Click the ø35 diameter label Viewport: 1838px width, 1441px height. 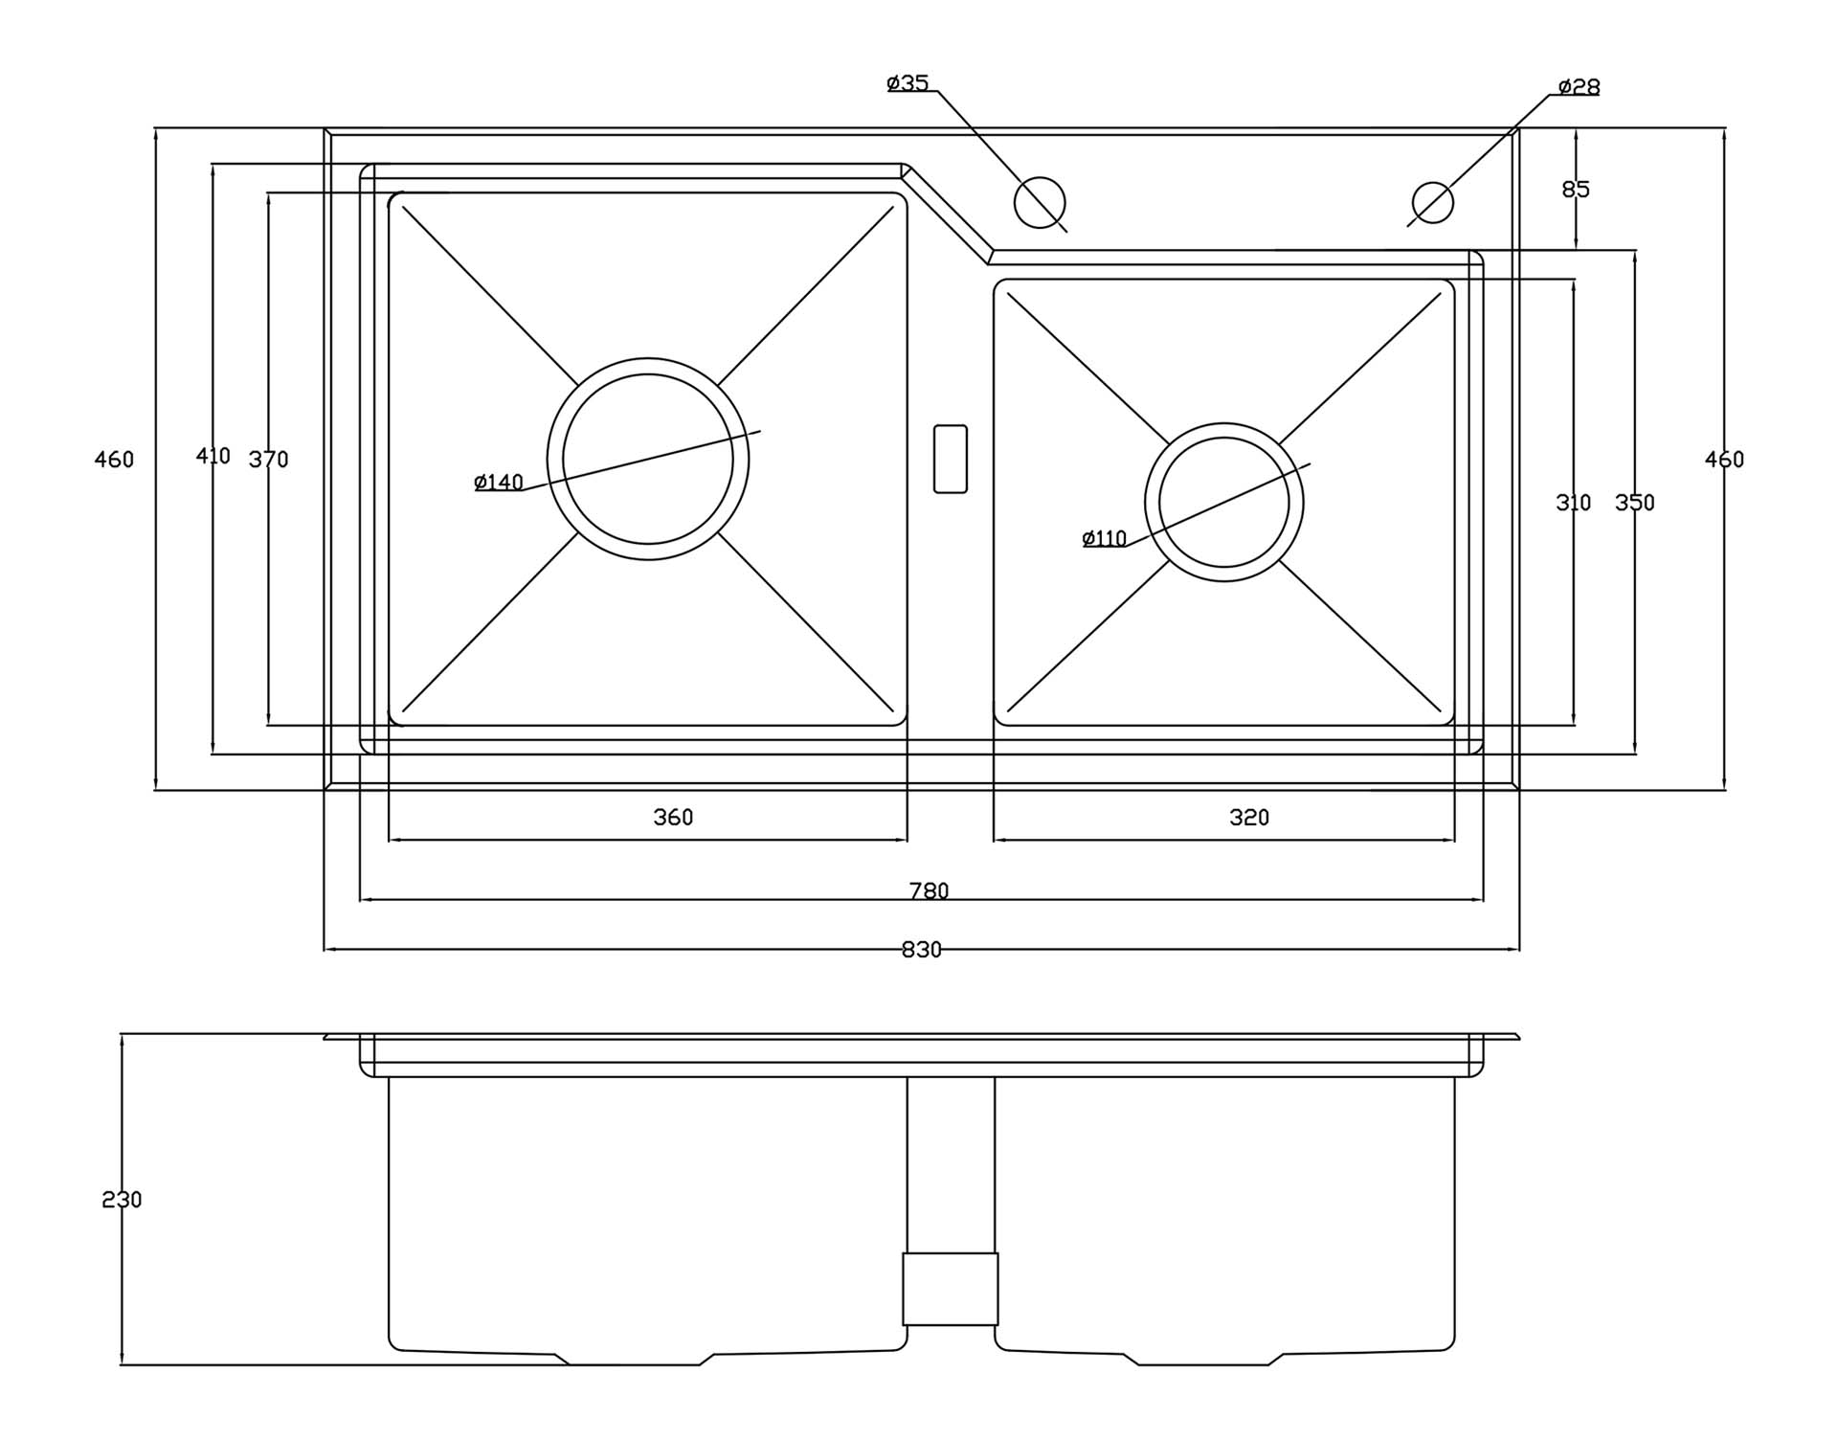coord(908,83)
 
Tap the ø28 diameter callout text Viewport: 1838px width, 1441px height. coord(1579,87)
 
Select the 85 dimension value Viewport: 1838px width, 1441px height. coord(1576,190)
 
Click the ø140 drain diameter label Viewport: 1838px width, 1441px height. coord(499,483)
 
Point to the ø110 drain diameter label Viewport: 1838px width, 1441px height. coord(1104,539)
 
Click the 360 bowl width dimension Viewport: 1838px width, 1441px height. coord(673,818)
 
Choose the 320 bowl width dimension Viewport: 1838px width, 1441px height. coord(1249,818)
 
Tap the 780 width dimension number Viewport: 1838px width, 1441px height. coord(929,891)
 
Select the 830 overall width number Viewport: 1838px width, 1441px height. coord(922,950)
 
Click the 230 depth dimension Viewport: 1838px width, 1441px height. coord(122,1200)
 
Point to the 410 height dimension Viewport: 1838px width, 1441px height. coord(213,457)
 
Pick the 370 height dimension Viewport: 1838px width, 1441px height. coord(268,460)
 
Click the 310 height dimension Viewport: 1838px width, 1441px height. coord(1573,503)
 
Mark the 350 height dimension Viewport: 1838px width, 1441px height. coord(1634,503)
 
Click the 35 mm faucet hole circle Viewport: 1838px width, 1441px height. coord(1040,202)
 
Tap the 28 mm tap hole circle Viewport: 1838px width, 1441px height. coord(1433,202)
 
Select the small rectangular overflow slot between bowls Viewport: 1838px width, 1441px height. coord(951,459)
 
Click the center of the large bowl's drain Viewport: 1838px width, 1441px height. coord(648,459)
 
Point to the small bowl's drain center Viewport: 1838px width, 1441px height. coord(1224,503)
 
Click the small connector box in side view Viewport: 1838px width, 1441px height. coord(951,1289)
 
